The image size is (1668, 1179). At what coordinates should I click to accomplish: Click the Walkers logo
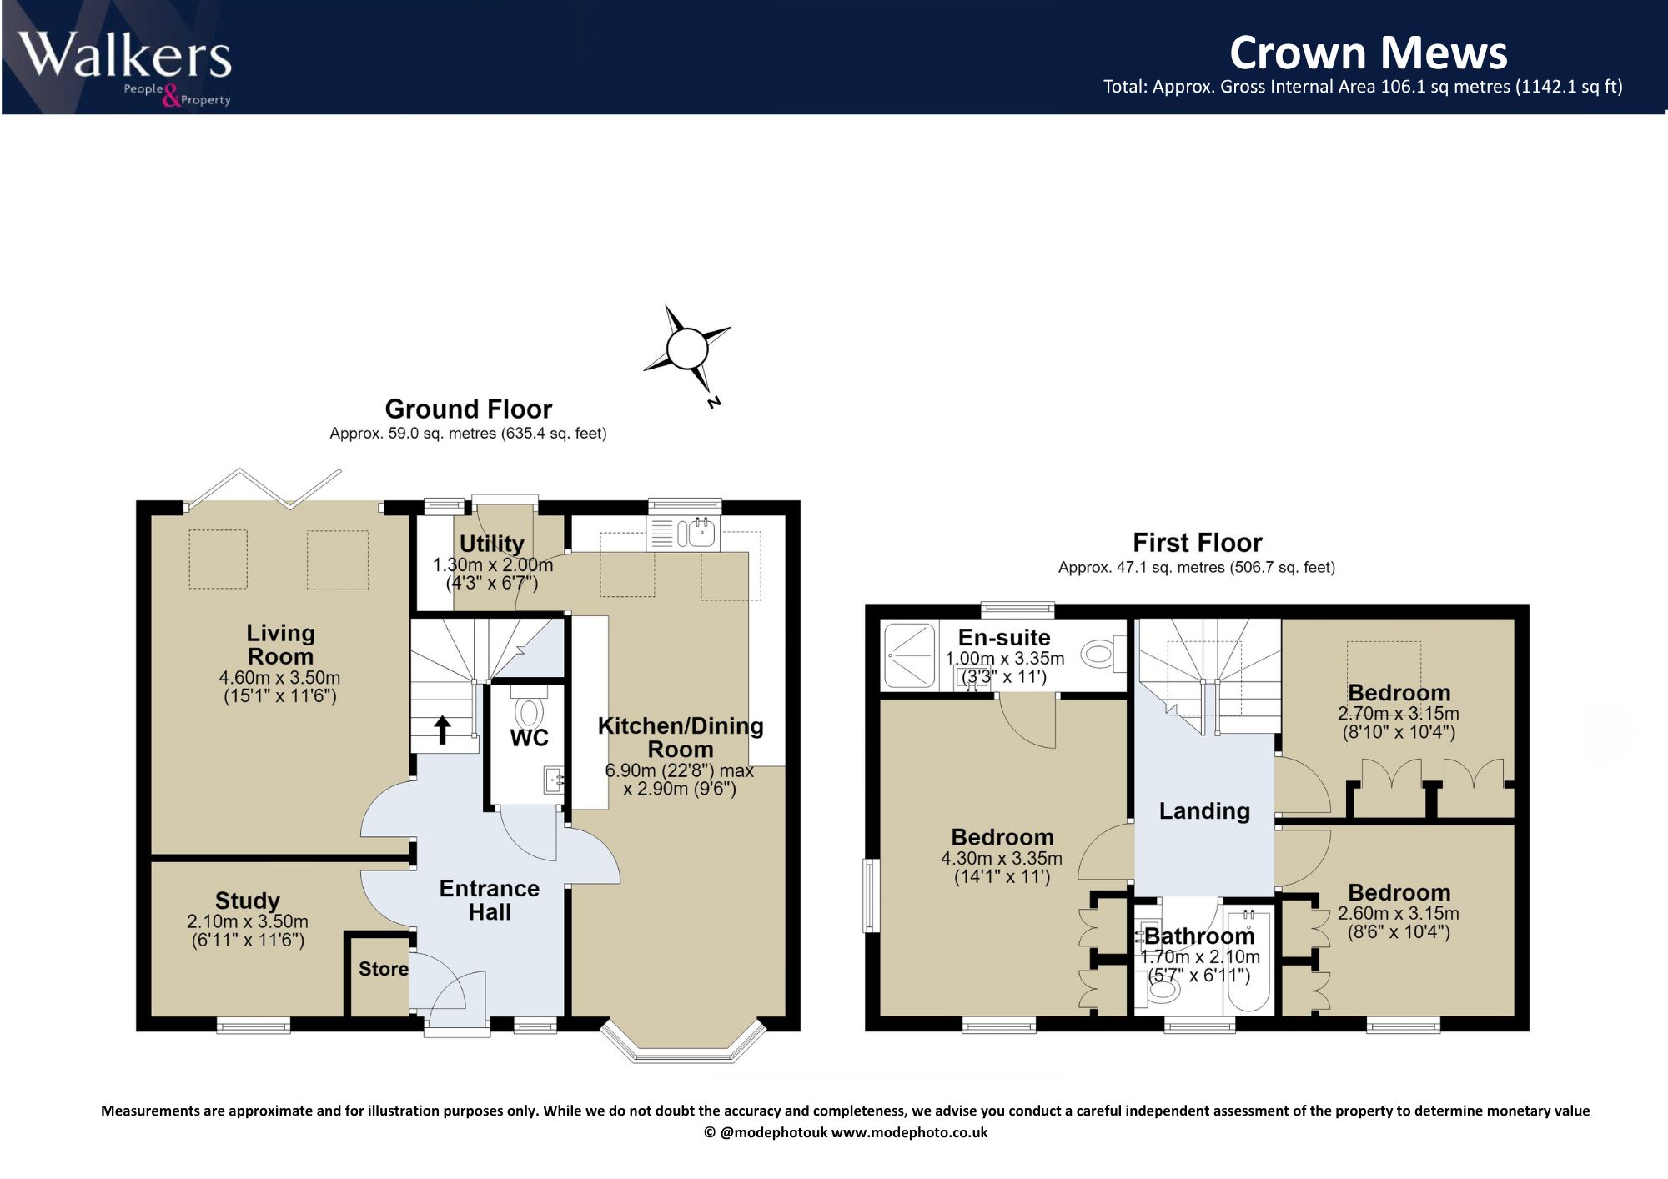point(125,68)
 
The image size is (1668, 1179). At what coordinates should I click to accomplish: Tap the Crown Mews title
point(1369,53)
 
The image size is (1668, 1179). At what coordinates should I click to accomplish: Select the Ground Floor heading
point(468,409)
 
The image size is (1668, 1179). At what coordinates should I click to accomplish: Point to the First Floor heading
point(1197,543)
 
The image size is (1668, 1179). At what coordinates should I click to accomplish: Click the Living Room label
point(280,645)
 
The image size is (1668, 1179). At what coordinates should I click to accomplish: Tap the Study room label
point(248,901)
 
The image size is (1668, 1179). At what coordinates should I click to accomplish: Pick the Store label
point(384,969)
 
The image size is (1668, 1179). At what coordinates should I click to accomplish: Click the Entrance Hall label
point(490,900)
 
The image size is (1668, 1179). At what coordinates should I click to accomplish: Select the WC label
point(530,738)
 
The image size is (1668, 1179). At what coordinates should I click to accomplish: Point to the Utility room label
point(492,544)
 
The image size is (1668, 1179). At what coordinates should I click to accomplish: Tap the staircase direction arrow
point(442,729)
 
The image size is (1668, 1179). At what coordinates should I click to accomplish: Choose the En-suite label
point(1004,638)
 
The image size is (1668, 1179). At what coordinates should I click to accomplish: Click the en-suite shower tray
point(909,655)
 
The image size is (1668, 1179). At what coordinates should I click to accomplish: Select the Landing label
point(1204,811)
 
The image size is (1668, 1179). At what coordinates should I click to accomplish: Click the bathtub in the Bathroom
point(1249,960)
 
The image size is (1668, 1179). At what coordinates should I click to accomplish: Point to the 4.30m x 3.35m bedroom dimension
point(1002,858)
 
